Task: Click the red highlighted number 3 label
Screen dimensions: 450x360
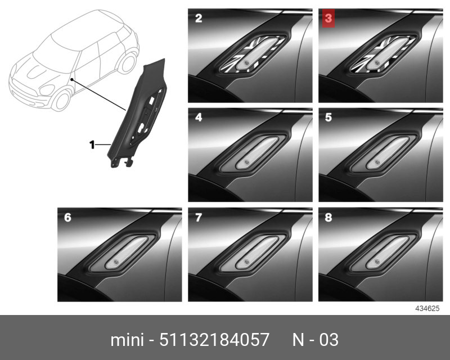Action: (x=328, y=19)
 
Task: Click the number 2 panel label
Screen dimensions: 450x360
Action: (x=199, y=19)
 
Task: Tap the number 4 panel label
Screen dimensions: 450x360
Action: (x=199, y=118)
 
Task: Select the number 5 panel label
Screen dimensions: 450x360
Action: (x=328, y=118)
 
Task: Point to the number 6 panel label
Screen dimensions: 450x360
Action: (x=67, y=217)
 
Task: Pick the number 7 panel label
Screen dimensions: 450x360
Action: (x=199, y=217)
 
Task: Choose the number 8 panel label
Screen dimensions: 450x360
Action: (x=328, y=217)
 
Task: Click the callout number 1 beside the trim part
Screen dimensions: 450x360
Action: (x=92, y=145)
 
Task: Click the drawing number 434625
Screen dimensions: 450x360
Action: (x=427, y=308)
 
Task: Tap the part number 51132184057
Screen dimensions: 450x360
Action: (x=214, y=340)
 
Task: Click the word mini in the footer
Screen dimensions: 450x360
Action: (x=127, y=340)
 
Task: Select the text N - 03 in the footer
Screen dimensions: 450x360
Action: (x=316, y=340)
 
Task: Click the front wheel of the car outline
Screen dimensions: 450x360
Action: (x=61, y=100)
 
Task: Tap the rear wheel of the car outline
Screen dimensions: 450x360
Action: (x=127, y=62)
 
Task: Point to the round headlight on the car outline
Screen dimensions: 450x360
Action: (x=47, y=90)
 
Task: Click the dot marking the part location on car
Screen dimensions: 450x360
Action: (x=71, y=79)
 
